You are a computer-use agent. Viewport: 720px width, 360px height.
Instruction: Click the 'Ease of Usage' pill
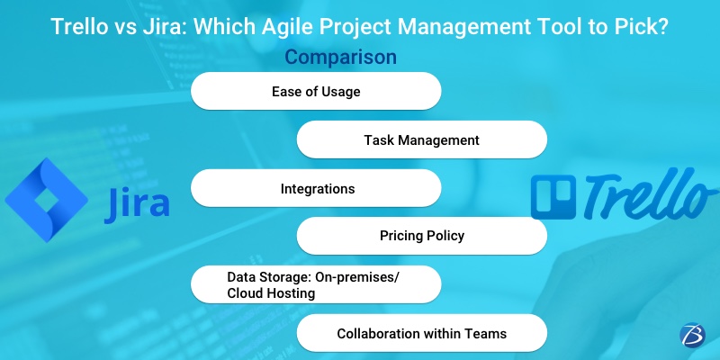(x=316, y=91)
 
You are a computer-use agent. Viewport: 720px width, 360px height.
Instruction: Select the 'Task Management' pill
(x=421, y=140)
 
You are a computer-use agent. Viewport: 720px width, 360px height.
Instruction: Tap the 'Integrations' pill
(x=316, y=189)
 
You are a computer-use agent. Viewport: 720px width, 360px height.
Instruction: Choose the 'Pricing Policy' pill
(x=421, y=237)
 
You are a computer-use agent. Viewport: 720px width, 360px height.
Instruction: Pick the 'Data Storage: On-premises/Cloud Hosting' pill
(x=316, y=284)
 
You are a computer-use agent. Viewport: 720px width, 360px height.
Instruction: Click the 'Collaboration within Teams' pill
(x=421, y=333)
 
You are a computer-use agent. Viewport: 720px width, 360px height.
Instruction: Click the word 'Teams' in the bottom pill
(x=485, y=333)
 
